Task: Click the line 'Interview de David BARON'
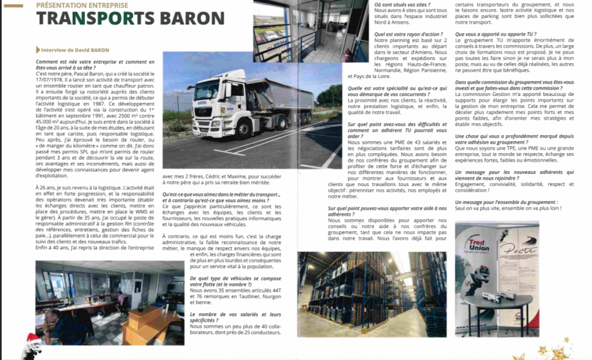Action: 74,50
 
